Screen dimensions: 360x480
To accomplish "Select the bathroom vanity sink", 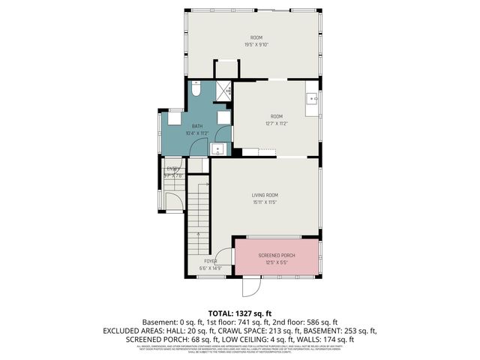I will click(x=218, y=148).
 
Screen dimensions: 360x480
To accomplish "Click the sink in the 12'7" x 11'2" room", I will click(x=312, y=99).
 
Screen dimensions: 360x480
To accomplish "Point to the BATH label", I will click(x=197, y=126).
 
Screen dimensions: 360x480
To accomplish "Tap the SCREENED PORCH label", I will click(x=277, y=256).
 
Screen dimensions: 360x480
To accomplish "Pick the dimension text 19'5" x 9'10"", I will click(x=257, y=44).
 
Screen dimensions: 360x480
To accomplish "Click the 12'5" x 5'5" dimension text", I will click(x=277, y=263).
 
